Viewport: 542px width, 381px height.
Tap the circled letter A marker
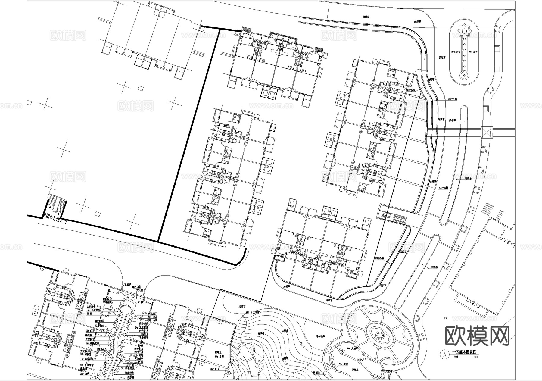click(x=444, y=354)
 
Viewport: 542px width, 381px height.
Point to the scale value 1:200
click(x=475, y=357)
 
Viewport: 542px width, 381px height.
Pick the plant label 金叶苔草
click(x=452, y=99)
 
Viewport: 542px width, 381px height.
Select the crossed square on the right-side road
click(x=486, y=132)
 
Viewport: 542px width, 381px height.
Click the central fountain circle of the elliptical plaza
click(x=379, y=335)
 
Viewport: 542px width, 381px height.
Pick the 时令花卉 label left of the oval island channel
click(x=456, y=52)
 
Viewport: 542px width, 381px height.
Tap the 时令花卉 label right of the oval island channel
click(x=473, y=52)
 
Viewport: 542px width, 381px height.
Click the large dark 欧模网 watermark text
click(x=477, y=336)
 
